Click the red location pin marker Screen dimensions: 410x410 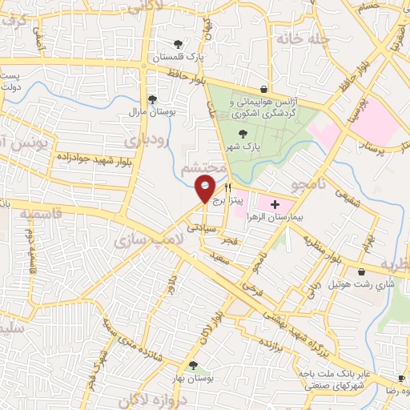pyautogui.click(x=205, y=191)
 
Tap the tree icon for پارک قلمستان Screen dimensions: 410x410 pyautogui.click(x=177, y=44)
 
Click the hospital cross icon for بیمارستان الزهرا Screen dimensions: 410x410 pyautogui.click(x=275, y=205)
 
